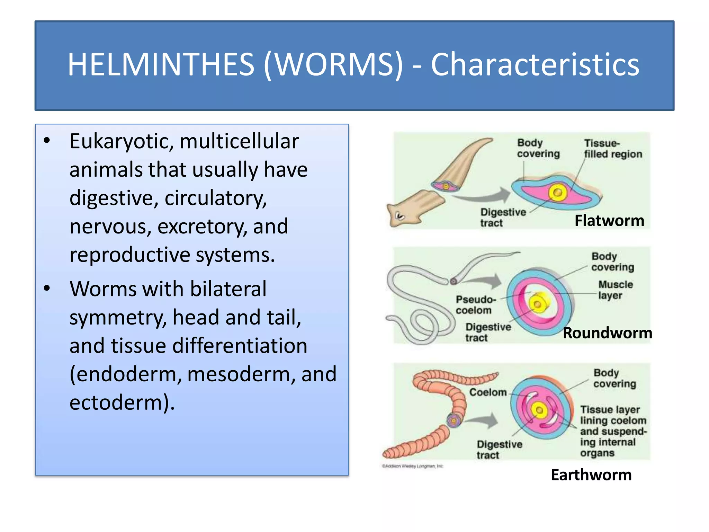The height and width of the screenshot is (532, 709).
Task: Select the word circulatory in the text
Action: (x=215, y=198)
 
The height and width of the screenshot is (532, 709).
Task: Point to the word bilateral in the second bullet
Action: (x=228, y=289)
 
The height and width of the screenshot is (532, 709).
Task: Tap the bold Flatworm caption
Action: (x=609, y=221)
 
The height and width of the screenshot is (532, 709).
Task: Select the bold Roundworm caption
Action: (x=608, y=333)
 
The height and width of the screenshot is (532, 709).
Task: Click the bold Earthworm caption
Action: (x=591, y=475)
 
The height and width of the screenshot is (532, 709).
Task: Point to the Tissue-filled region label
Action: (x=613, y=149)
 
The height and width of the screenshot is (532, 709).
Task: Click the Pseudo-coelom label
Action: (x=476, y=305)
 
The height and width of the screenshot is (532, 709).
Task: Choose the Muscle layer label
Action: (x=615, y=290)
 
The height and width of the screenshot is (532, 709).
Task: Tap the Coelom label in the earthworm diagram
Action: (x=488, y=392)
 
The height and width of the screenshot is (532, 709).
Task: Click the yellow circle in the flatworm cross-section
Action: (x=557, y=193)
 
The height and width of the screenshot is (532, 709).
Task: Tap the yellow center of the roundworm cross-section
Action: (x=538, y=304)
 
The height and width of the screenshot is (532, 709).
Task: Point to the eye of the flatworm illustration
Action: (x=400, y=216)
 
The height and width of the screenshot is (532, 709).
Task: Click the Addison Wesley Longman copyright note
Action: (x=412, y=466)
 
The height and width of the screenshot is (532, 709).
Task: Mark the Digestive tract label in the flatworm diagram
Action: (x=502, y=218)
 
